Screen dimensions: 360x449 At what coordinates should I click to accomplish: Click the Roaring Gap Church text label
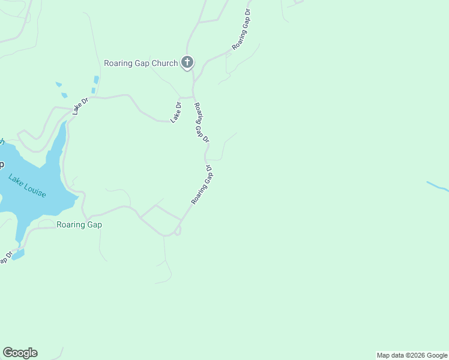[x=140, y=63]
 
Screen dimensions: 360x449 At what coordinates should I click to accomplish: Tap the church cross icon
[x=187, y=62]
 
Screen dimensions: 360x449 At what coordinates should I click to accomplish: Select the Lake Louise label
[x=27, y=187]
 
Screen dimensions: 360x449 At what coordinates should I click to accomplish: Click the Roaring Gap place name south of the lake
[x=79, y=225]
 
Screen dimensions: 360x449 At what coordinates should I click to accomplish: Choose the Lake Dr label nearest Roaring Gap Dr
[x=176, y=113]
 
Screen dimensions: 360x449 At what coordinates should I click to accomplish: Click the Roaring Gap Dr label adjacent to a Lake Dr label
[x=201, y=122]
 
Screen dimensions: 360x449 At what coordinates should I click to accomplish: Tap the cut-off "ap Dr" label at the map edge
[x=5, y=257]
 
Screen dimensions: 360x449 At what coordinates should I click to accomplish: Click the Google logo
[x=20, y=353]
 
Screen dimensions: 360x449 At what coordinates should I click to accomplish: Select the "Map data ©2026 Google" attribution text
[x=412, y=355]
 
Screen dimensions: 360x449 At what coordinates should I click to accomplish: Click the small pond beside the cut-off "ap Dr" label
[x=18, y=254]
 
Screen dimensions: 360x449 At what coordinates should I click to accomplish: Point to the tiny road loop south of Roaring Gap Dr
[x=178, y=230]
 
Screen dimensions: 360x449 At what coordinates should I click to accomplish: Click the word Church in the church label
[x=164, y=63]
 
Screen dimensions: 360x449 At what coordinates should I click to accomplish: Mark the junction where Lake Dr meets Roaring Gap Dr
[x=193, y=97]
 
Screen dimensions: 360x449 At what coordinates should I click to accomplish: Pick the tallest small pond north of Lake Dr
[x=95, y=80]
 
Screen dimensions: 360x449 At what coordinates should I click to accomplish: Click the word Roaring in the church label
[x=118, y=63]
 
